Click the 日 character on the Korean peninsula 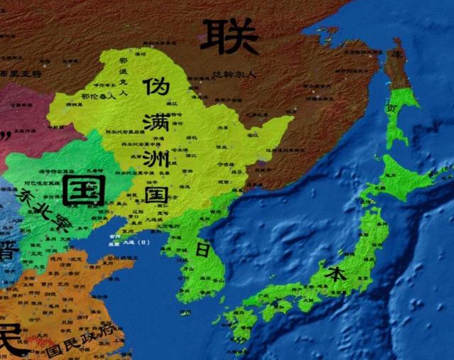click(201, 249)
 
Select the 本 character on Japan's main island click(333, 273)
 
